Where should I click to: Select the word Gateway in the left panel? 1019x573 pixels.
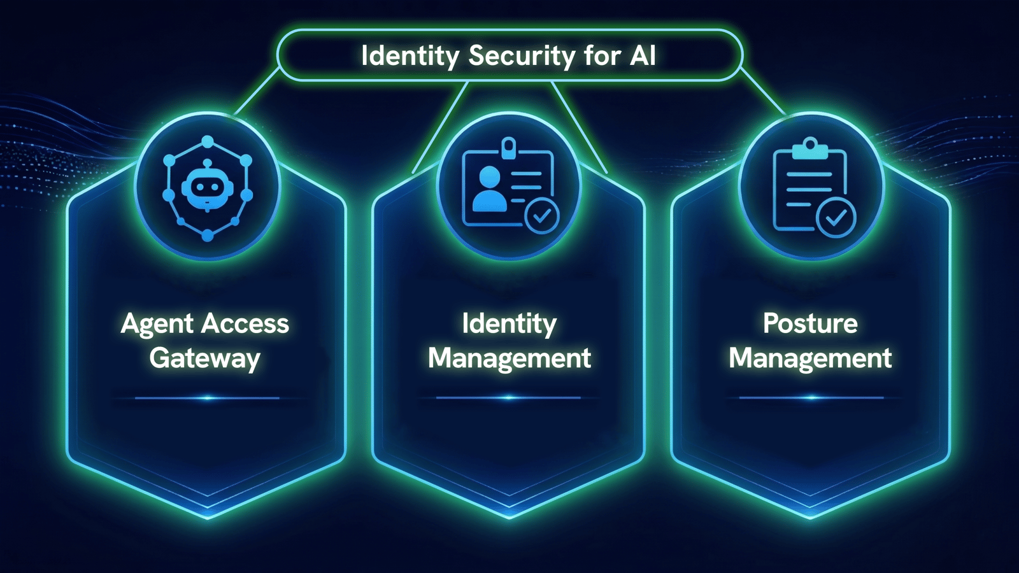tap(204, 359)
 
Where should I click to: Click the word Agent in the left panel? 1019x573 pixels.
tap(157, 324)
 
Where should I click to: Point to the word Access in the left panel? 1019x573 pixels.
tap(245, 323)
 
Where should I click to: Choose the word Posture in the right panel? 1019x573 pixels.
tap(810, 324)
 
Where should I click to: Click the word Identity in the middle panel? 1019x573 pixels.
tap(509, 324)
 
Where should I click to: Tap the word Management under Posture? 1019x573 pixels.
tap(810, 359)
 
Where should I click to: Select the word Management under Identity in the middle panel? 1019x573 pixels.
tap(509, 359)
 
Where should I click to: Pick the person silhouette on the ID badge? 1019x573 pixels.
tap(490, 188)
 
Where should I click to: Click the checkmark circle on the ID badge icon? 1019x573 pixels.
tap(541, 216)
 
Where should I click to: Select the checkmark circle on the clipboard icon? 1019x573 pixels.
tap(836, 219)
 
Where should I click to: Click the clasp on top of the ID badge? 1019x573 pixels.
tap(508, 148)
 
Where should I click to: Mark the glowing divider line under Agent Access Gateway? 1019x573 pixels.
tap(208, 399)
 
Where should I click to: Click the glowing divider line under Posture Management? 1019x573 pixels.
tap(811, 398)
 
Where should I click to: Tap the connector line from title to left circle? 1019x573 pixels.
tap(257, 91)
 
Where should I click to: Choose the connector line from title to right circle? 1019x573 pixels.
tap(764, 92)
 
